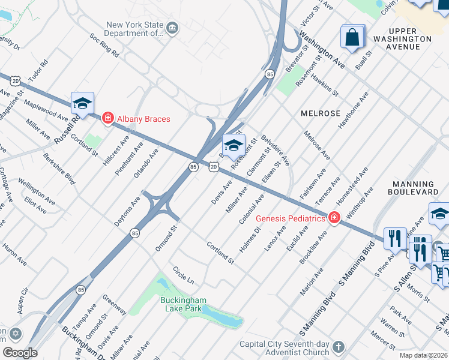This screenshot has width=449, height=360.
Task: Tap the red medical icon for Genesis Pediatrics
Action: pyautogui.click(x=334, y=218)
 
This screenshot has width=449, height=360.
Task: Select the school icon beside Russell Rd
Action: pyautogui.click(x=83, y=103)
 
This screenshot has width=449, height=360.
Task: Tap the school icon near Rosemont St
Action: pyautogui.click(x=234, y=145)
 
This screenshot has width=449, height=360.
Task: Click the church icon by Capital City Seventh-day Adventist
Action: pyautogui.click(x=339, y=347)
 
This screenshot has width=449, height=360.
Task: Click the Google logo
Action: pyautogui.click(x=20, y=352)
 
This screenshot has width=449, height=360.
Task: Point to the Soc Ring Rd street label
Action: pyautogui.click(x=104, y=46)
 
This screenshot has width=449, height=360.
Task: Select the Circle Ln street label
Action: pyautogui.click(x=183, y=276)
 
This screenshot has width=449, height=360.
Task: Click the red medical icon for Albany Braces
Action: pyautogui.click(x=107, y=118)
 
